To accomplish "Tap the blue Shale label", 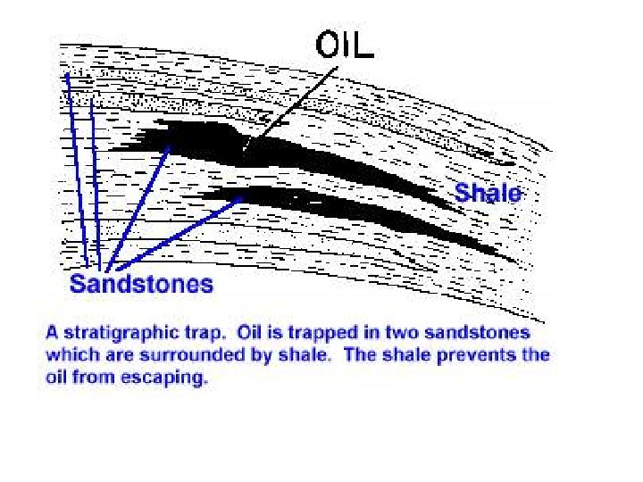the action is pos(488,192).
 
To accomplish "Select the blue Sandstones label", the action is pos(142,285).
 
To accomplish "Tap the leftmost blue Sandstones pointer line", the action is pos(76,170).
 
